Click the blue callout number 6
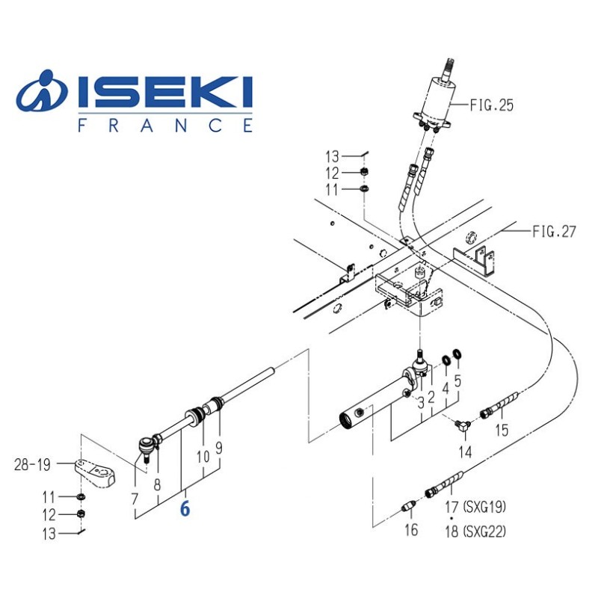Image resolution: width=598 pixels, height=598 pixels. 185,509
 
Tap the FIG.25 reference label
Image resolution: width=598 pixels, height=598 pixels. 491,105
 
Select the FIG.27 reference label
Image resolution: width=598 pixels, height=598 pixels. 554,231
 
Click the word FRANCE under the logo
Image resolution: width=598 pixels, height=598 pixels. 165,125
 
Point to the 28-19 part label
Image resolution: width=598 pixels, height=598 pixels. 32,464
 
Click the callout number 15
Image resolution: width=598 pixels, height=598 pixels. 502,430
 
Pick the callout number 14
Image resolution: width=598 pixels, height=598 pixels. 465,452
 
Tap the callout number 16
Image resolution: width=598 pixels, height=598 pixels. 411,530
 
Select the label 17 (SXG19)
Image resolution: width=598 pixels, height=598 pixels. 475,507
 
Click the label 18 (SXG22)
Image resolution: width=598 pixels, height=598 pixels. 475,531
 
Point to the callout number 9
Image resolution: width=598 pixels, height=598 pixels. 218,448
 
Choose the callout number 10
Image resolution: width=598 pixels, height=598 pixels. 203,456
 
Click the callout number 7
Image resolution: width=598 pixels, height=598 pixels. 135,499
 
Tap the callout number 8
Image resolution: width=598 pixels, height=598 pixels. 157,484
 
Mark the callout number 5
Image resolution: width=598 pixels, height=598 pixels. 457,380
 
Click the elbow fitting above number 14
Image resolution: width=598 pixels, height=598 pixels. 463,425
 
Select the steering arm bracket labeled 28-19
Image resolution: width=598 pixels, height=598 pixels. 95,473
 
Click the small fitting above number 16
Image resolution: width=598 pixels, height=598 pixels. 408,508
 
